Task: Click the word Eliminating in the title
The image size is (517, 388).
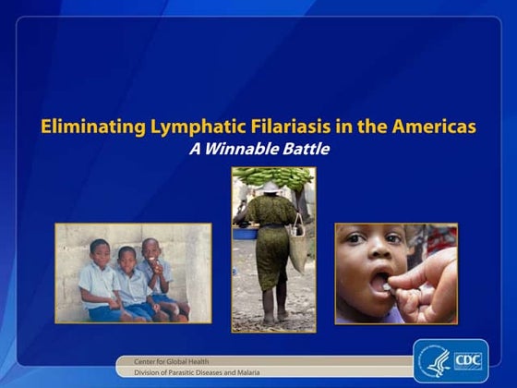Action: pyautogui.click(x=83, y=127)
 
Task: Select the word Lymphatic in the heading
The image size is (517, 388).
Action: pyautogui.click(x=181, y=127)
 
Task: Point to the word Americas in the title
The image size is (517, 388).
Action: pyautogui.click(x=434, y=127)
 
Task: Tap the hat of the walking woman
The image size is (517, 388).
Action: pyautogui.click(x=271, y=188)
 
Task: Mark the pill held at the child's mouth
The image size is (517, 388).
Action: pyautogui.click(x=385, y=288)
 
